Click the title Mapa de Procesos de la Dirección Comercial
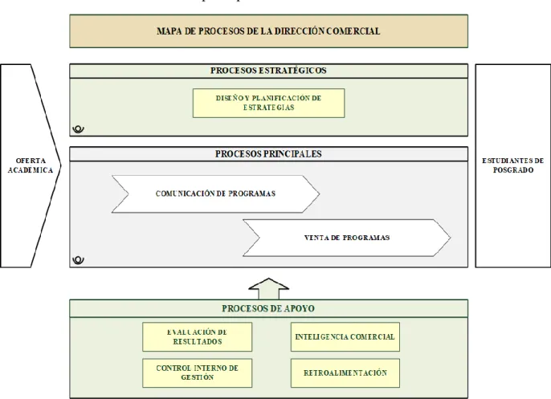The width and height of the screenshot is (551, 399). click(268, 31)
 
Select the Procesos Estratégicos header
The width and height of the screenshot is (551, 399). click(268, 71)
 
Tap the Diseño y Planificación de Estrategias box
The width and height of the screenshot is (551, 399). click(268, 103)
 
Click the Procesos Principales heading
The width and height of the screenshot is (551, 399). click(268, 154)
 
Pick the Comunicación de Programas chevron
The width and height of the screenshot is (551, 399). click(215, 194)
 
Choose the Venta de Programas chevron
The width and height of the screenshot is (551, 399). click(346, 238)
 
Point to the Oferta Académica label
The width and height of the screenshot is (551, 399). click(31, 165)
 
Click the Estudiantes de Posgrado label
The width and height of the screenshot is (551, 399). click(513, 165)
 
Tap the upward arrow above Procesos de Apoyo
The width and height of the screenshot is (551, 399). click(268, 289)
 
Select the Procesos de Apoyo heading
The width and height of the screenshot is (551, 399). click(268, 309)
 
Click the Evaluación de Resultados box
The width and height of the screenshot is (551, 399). click(197, 337)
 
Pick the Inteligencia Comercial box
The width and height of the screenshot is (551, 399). click(345, 337)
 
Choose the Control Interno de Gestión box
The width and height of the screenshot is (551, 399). click(197, 373)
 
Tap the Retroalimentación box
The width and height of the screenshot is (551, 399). click(345, 373)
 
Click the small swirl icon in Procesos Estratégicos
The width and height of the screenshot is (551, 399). click(79, 129)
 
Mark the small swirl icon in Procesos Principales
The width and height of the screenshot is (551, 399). click(79, 260)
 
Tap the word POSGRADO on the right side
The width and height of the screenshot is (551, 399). click(513, 170)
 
